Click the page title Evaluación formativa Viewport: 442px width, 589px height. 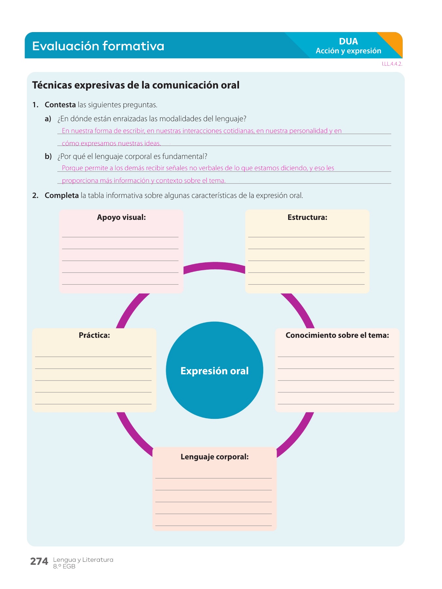98,46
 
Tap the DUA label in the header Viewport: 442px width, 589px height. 348,42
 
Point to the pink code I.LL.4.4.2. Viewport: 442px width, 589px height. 392,64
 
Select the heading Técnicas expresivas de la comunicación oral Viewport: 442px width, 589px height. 136,85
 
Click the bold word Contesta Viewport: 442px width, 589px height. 60,105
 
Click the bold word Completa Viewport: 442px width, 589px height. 62,195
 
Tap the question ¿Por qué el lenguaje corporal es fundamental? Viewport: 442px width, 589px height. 132,156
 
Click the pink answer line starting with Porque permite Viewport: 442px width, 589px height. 198,168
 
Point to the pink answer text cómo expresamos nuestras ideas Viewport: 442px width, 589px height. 111,143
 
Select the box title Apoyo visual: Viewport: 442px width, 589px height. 121,217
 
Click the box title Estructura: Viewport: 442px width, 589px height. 307,217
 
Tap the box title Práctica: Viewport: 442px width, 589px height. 94,335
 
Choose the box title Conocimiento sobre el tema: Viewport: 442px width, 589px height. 337,335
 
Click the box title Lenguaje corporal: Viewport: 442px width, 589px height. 214,457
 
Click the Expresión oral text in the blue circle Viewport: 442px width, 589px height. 214,371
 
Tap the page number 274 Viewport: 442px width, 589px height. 39,562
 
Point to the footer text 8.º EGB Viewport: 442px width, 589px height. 64,566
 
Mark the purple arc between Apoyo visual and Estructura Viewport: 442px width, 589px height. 214,266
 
